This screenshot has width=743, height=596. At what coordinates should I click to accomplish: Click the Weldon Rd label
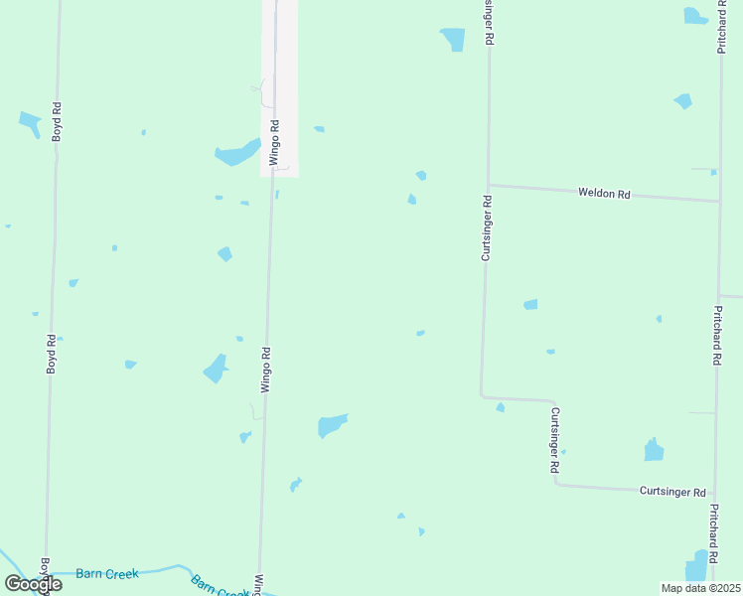click(x=604, y=194)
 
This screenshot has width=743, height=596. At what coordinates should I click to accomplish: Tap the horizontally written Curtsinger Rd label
click(x=672, y=492)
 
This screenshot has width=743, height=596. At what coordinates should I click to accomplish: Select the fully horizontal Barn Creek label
click(x=107, y=574)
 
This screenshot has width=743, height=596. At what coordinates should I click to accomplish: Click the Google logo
click(x=34, y=583)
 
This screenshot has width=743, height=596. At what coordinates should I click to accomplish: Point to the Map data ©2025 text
click(x=700, y=588)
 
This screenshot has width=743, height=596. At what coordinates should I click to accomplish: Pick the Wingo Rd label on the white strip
click(x=275, y=143)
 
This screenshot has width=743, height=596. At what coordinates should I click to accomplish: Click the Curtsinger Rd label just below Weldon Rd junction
click(x=487, y=227)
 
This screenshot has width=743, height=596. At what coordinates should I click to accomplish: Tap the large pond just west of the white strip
click(x=235, y=153)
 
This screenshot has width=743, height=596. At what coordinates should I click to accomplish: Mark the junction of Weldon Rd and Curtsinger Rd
click(x=487, y=185)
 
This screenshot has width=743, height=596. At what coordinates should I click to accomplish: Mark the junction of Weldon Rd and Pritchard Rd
click(x=718, y=201)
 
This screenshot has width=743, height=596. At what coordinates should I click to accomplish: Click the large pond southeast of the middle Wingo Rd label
click(x=332, y=425)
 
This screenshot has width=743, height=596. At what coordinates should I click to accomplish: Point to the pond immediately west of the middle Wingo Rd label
click(x=216, y=369)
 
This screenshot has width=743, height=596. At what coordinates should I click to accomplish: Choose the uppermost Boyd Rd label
click(x=58, y=122)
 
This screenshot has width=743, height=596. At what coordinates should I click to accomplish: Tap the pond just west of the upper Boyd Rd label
click(x=29, y=123)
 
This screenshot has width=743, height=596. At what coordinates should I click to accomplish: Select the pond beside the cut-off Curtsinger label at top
click(x=453, y=39)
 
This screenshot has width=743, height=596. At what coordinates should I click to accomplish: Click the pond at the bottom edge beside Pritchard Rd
click(x=697, y=566)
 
